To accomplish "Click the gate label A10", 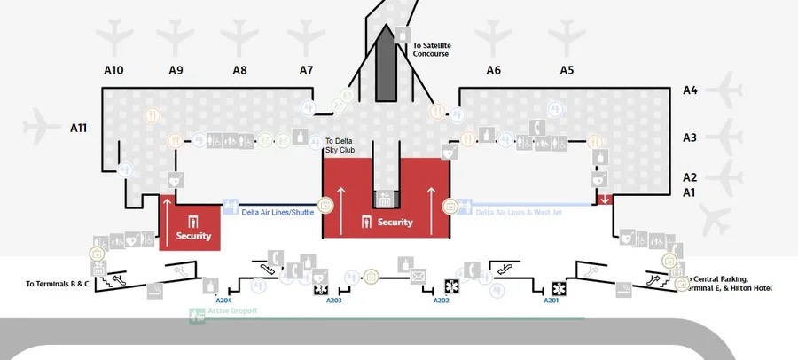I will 113,70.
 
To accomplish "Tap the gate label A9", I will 176,70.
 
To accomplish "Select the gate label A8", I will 239,70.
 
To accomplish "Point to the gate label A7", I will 306,70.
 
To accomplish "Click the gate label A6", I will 494,70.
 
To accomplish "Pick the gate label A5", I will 567,70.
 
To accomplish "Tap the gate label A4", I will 690,90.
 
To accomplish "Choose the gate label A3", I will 690,137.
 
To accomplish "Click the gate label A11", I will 78,128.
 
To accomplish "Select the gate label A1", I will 689,192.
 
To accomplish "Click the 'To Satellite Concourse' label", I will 431,49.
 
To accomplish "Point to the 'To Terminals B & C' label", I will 58,284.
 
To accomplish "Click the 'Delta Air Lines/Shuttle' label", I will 278,212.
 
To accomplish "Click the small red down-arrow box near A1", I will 605,199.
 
